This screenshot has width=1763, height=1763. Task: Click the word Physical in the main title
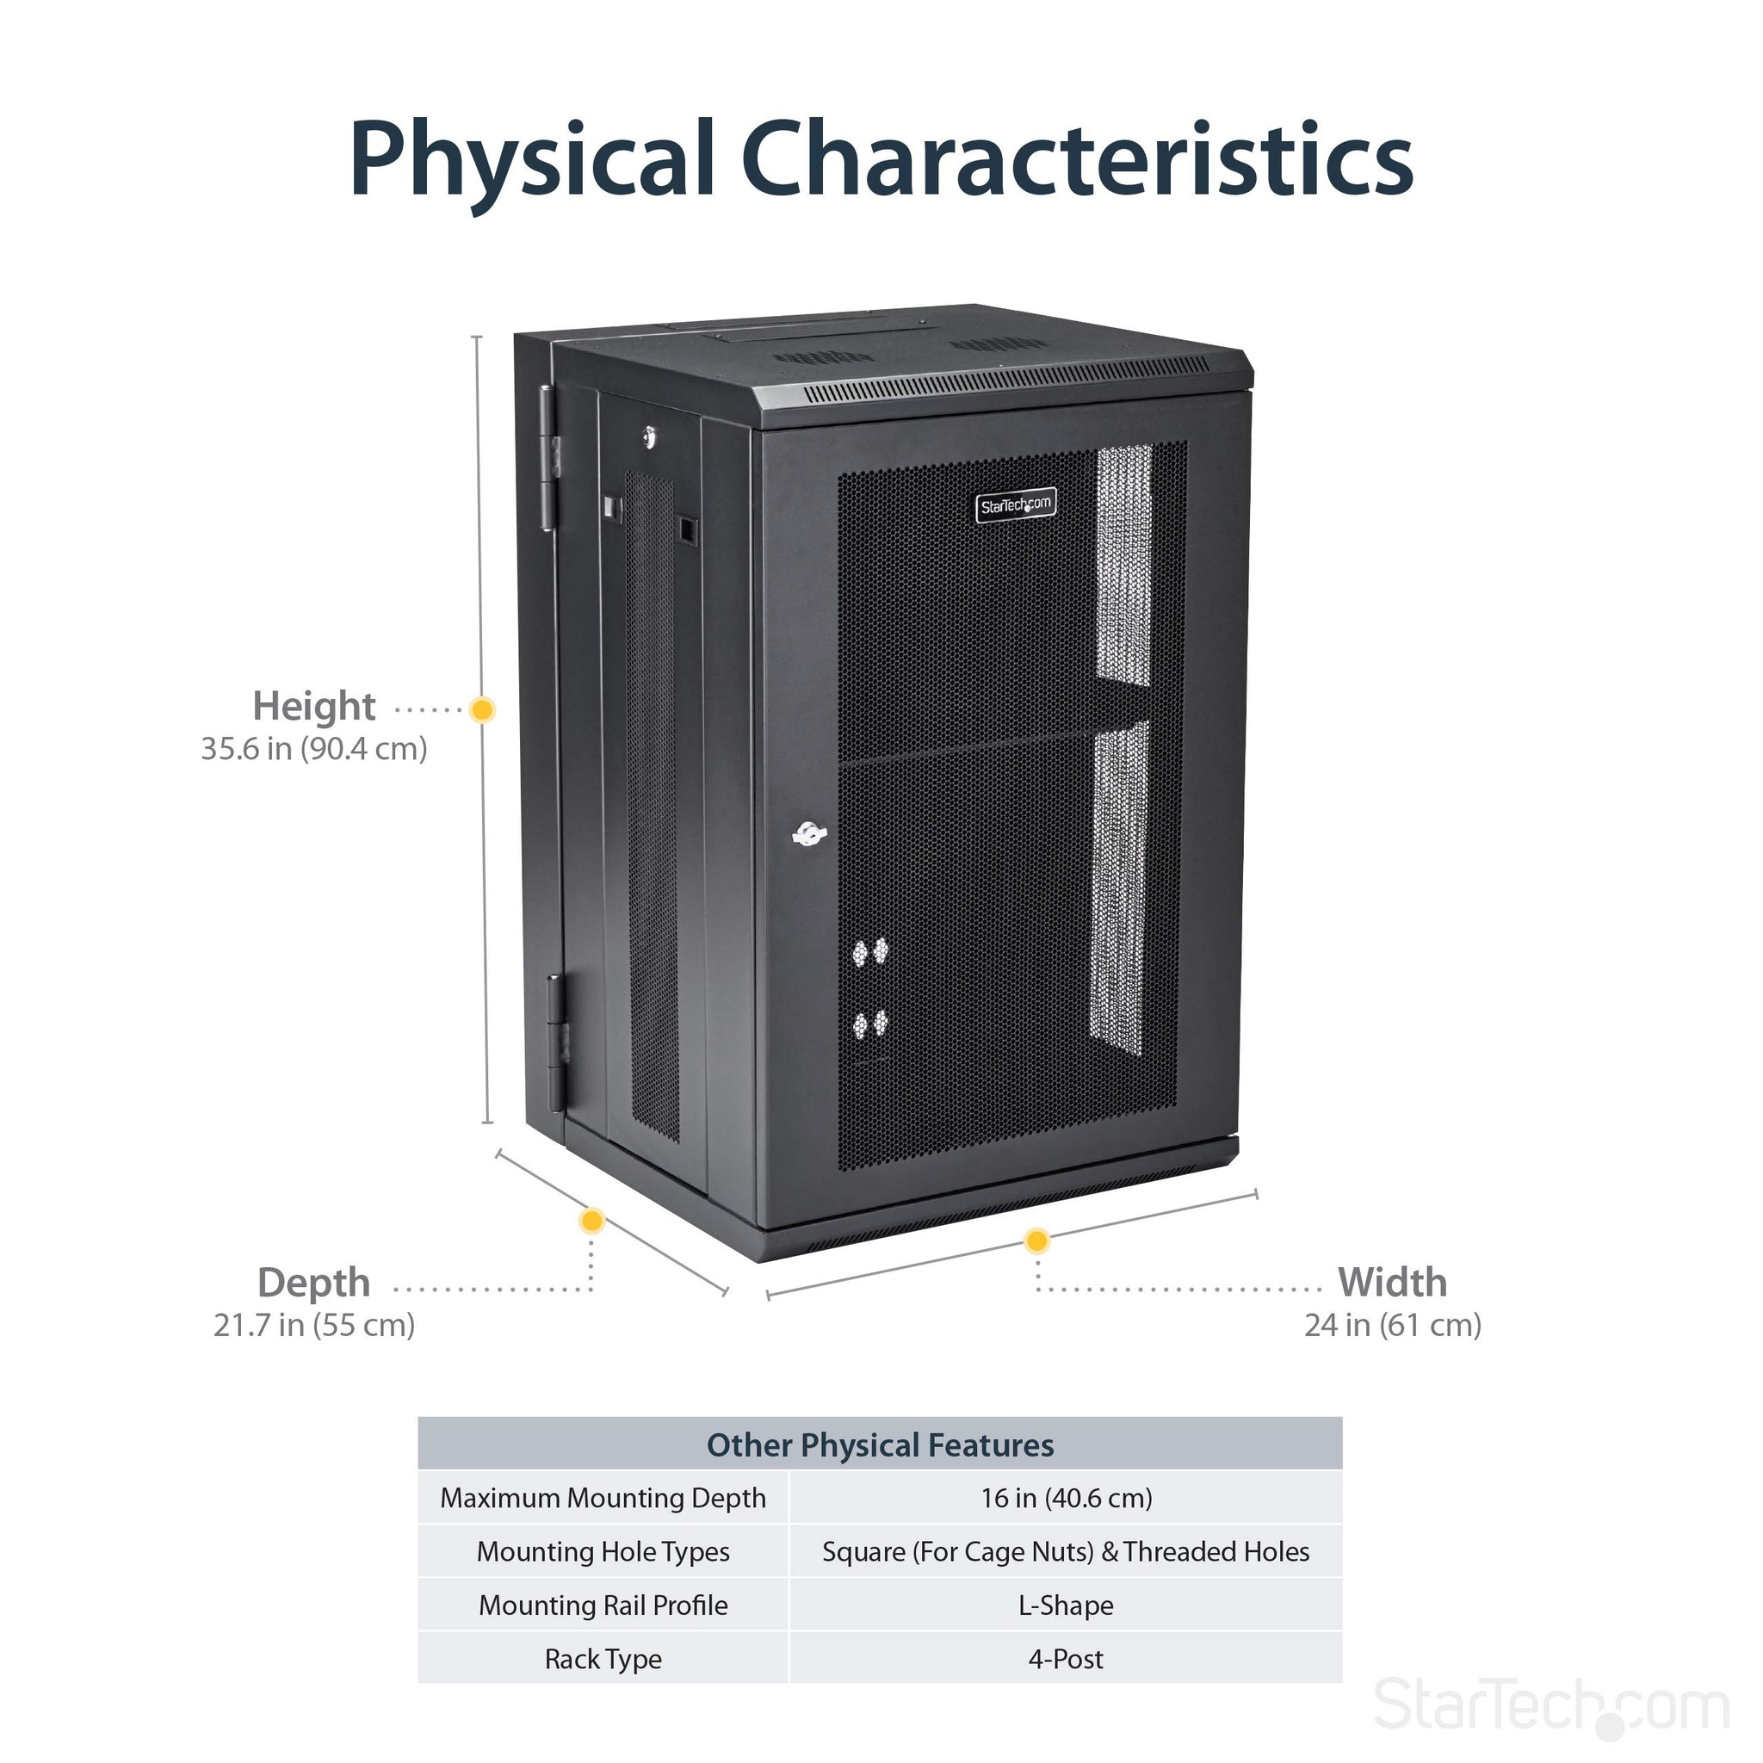click(x=531, y=160)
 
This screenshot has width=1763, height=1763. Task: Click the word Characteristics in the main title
click(x=1077, y=160)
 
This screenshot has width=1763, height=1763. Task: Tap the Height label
click(x=313, y=706)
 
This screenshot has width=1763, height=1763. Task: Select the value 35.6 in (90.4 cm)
click(x=314, y=749)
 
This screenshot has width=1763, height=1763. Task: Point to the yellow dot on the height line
click(x=482, y=709)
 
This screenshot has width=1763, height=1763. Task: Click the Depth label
click(x=313, y=1283)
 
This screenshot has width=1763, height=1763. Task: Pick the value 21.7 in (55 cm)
click(x=314, y=1325)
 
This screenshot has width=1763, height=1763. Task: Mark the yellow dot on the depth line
click(x=592, y=1221)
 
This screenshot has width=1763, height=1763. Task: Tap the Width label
click(x=1392, y=1283)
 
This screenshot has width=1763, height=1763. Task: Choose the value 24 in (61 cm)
click(x=1393, y=1325)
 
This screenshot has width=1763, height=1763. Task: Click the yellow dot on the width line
click(x=1036, y=1241)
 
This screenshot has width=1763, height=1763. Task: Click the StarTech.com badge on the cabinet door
click(x=1016, y=504)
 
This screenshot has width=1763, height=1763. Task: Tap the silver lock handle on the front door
click(x=808, y=833)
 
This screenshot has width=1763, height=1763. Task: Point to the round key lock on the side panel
click(x=649, y=437)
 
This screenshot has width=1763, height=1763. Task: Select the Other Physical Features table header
click(x=880, y=1445)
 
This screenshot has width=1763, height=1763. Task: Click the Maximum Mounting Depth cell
click(x=603, y=1499)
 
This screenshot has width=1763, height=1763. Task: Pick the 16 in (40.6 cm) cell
click(x=1066, y=1499)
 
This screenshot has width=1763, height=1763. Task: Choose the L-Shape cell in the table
click(x=1066, y=1605)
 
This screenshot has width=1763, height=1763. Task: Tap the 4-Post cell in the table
click(x=1066, y=1659)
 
